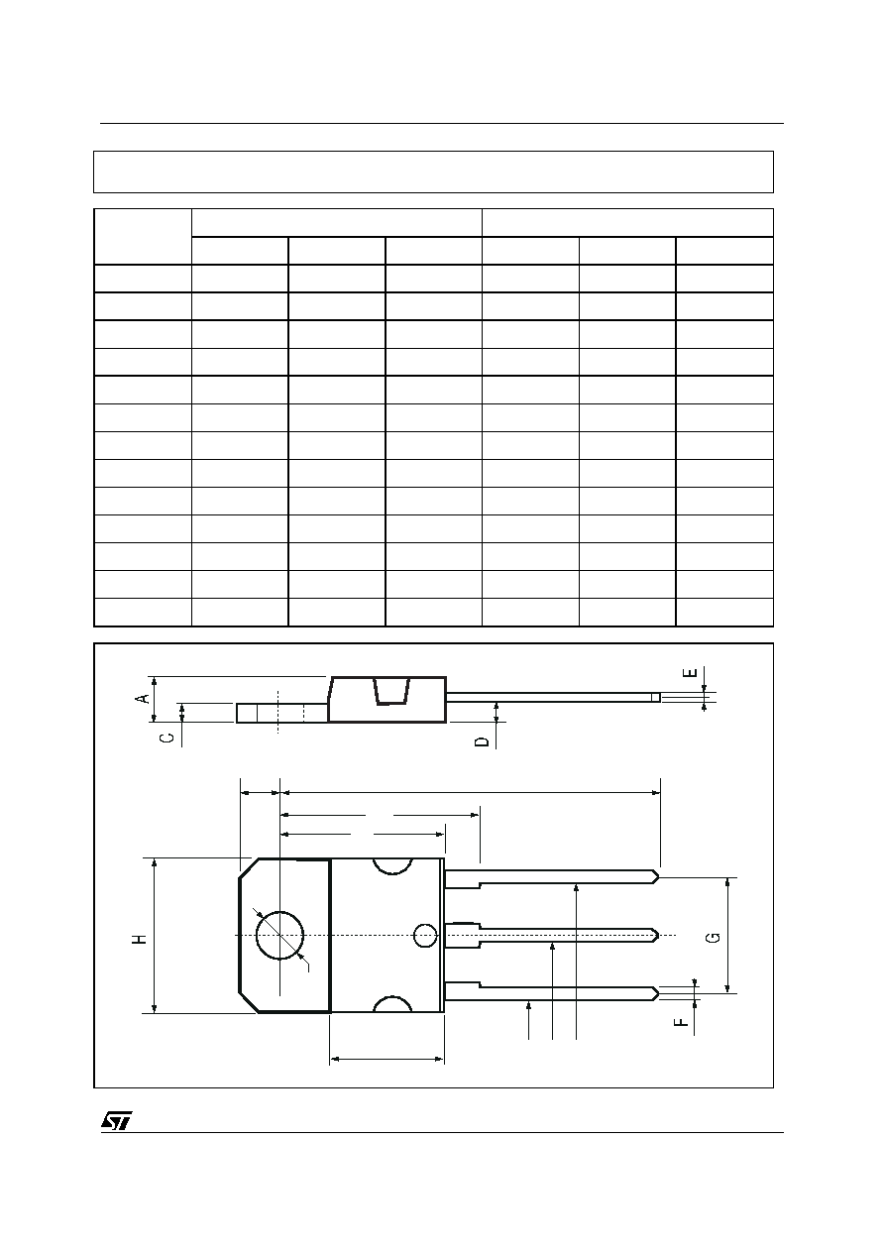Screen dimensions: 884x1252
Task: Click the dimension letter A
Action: point(144,698)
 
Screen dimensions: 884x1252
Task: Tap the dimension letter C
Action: point(167,739)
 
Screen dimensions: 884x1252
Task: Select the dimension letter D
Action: point(482,741)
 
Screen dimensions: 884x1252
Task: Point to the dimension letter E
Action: point(690,672)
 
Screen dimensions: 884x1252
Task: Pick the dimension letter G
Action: point(713,938)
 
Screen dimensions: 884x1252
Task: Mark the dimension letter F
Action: point(680,1022)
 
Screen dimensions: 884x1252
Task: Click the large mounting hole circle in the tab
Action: point(279,935)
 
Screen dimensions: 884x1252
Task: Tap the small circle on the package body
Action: point(425,936)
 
